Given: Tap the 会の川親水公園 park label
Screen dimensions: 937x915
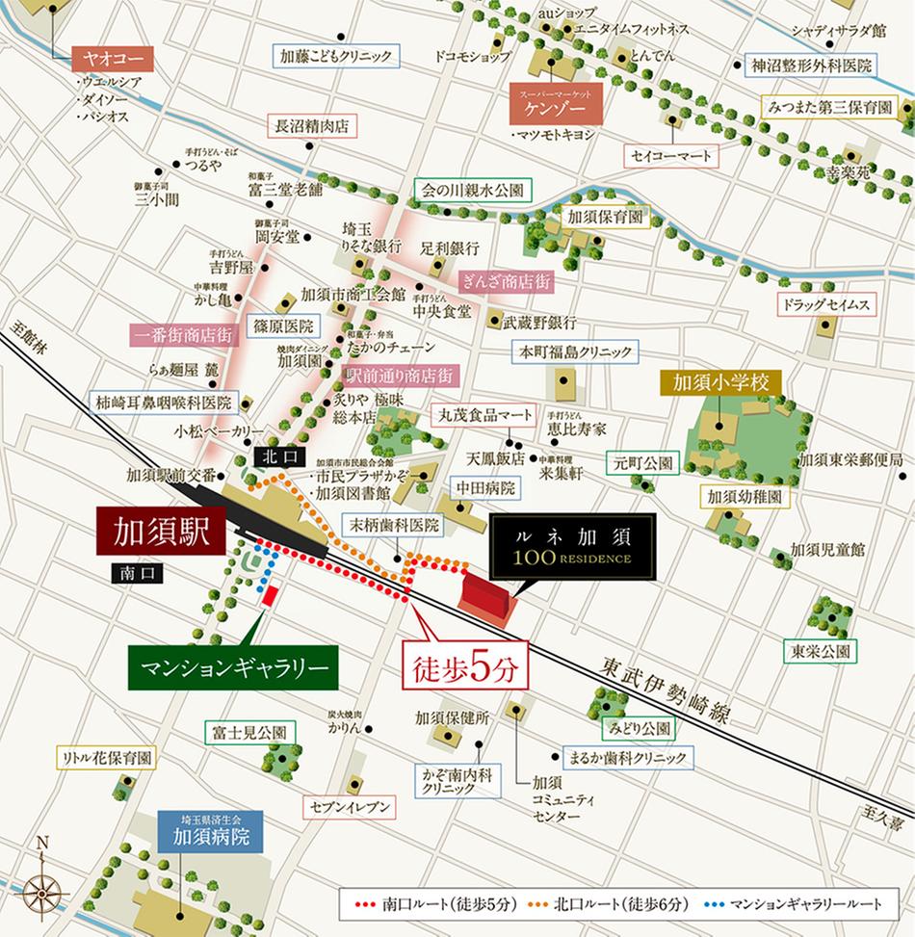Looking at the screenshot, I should pos(471,191).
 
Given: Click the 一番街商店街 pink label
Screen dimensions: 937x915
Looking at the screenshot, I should pos(183,335).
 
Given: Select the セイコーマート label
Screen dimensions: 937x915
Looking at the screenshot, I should pos(671,156).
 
